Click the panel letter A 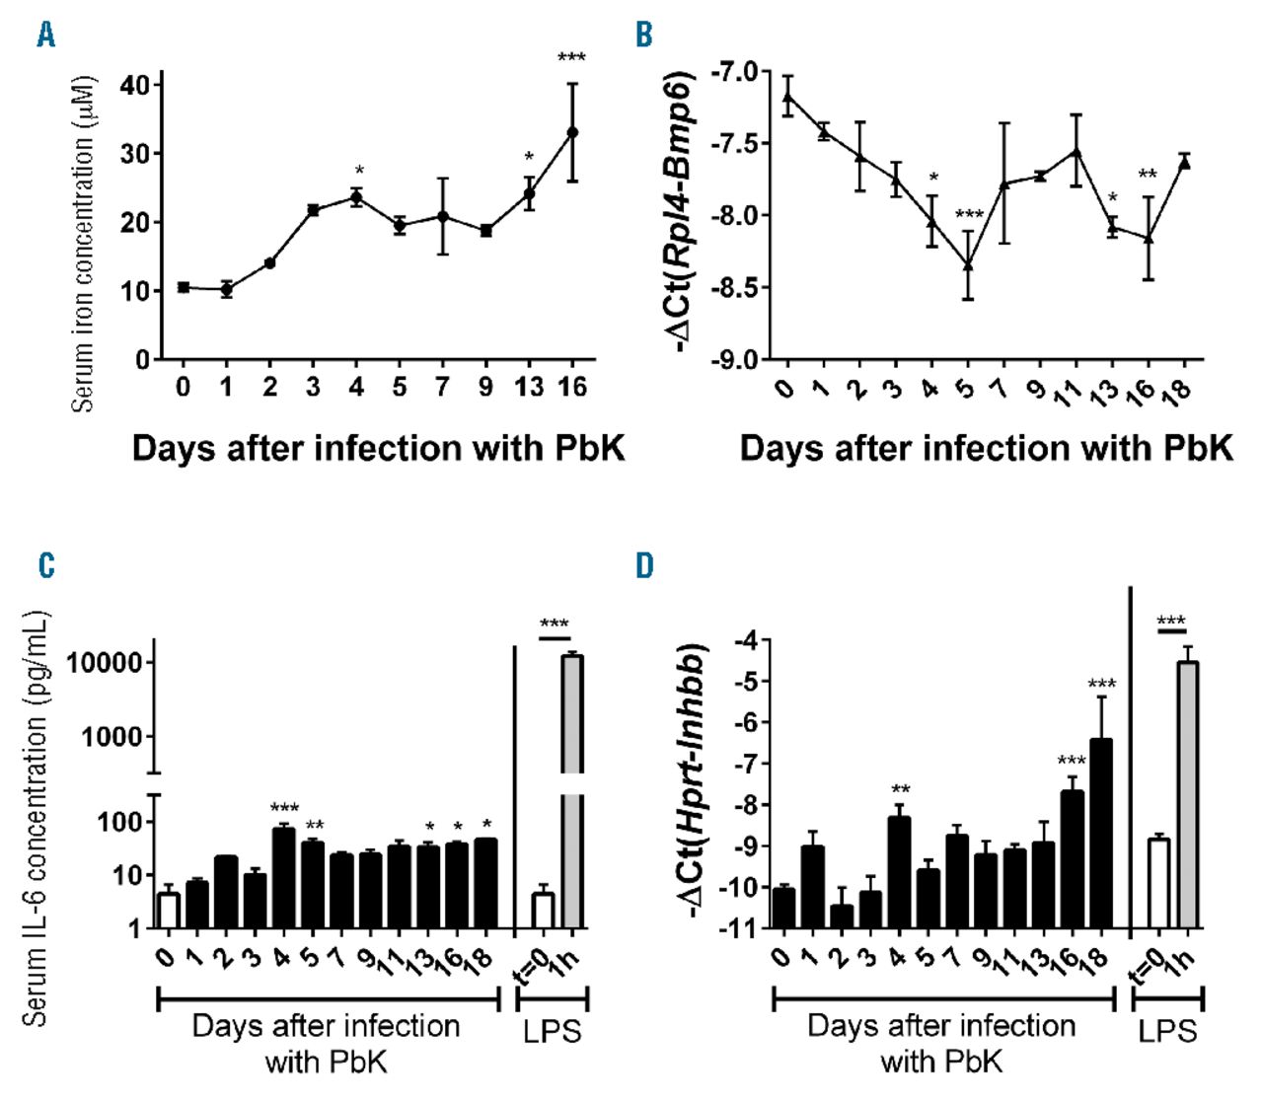[45, 36]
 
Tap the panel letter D [644, 566]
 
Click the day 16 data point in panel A [572, 131]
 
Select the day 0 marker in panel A [184, 287]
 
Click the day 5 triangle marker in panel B [968, 264]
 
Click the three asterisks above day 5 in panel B [969, 215]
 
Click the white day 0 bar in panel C [169, 911]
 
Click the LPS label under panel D [1167, 1032]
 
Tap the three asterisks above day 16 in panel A [571, 58]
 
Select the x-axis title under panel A [378, 449]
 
